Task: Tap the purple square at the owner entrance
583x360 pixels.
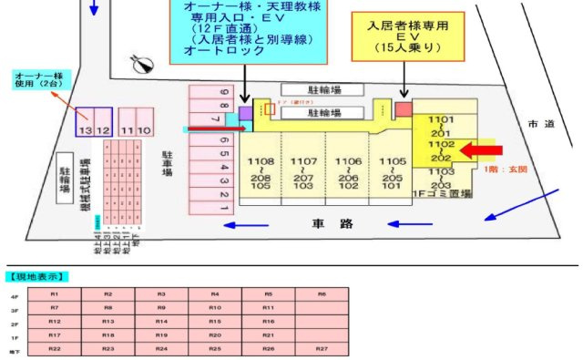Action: click(245, 112)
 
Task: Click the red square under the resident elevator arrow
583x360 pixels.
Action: click(404, 109)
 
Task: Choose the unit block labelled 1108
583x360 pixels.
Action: click(260, 172)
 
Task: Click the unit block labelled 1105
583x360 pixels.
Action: click(393, 172)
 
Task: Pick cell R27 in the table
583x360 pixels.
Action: click(322, 349)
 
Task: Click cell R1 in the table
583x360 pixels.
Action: click(55, 294)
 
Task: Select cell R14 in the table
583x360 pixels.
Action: click(161, 322)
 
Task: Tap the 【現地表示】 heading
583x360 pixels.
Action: click(39, 276)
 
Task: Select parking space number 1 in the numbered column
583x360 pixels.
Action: click(224, 209)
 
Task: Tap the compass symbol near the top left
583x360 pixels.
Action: click(141, 64)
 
